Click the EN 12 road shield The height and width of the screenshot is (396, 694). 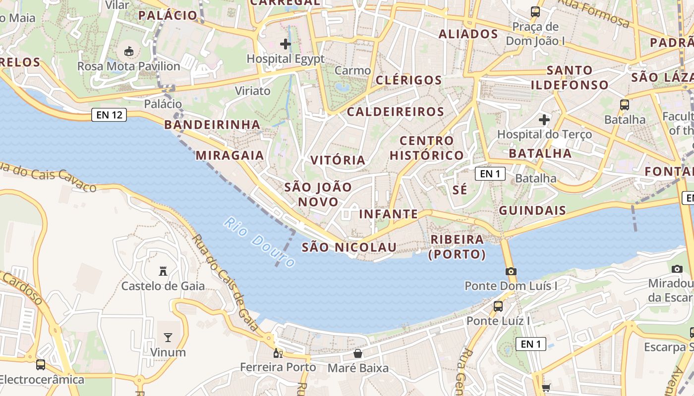tap(109, 115)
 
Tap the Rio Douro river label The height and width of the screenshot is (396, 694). tap(259, 242)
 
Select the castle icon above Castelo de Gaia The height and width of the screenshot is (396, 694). tap(163, 271)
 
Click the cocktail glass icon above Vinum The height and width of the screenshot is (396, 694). tap(168, 338)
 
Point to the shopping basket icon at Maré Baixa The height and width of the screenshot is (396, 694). tap(358, 353)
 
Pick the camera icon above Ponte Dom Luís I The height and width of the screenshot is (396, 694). tap(511, 271)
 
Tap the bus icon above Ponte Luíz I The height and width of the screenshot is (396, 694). tap(498, 306)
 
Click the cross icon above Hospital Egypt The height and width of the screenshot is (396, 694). tap(286, 44)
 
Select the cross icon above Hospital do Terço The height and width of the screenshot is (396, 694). tap(544, 119)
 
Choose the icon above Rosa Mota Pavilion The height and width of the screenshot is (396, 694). tap(129, 50)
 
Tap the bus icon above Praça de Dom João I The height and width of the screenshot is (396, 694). tap(535, 11)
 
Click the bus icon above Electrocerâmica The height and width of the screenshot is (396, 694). tap(41, 365)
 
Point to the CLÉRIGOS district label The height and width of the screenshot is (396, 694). tap(408, 80)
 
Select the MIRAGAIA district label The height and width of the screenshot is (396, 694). tap(230, 155)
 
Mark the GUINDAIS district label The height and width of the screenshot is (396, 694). tap(532, 210)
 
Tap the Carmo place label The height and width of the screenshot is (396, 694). tap(352, 71)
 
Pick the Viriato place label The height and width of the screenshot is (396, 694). tap(253, 91)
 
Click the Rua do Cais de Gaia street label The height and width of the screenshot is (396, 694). tap(225, 283)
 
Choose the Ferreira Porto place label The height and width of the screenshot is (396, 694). tap(278, 367)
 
